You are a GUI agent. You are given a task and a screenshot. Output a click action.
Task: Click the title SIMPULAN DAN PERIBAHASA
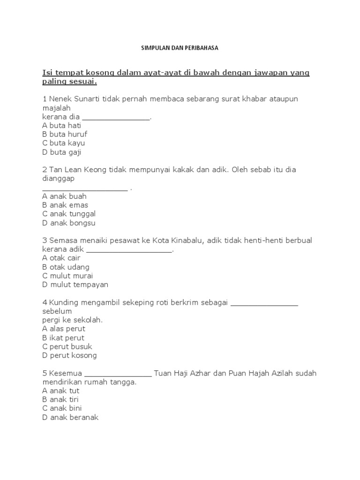coord(180,48)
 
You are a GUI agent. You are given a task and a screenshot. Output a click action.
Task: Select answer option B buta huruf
coord(65,134)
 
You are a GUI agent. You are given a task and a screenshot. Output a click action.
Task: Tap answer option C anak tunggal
coord(69,214)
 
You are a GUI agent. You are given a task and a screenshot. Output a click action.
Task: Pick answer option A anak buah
coord(64,196)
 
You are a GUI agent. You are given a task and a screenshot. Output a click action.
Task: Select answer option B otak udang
coord(66,267)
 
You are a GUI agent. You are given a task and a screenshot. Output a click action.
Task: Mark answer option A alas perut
coord(64,329)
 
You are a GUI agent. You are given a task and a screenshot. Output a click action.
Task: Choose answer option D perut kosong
coord(69,355)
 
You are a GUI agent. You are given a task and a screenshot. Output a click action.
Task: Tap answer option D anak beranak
coord(70,417)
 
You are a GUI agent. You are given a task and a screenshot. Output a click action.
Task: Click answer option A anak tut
coord(61,390)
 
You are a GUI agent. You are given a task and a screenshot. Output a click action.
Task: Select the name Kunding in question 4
coord(63,302)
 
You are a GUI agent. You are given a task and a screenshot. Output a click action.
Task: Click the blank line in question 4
coord(265,305)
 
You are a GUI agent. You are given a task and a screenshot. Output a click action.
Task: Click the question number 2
coord(45,170)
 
